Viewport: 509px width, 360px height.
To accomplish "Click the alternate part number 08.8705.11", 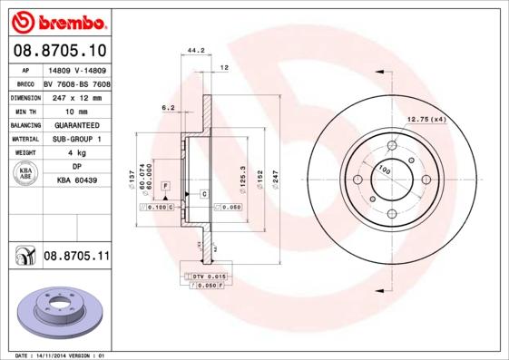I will (x=76, y=258).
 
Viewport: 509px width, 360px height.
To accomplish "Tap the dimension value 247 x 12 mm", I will (x=75, y=95).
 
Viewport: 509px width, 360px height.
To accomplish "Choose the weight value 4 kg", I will (x=75, y=153).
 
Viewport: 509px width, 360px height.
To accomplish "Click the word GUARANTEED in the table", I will (x=75, y=124).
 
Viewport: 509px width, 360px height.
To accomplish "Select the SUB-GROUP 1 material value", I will (x=75, y=139).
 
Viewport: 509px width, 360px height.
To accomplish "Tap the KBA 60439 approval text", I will (x=75, y=181).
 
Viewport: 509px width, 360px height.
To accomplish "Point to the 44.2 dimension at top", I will (x=193, y=52).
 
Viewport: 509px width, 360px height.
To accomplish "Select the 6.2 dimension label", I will (x=168, y=107).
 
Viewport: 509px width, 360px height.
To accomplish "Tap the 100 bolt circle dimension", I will (x=384, y=170).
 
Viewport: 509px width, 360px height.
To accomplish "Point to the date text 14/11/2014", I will (x=60, y=355).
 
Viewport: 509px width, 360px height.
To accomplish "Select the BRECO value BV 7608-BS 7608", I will (x=75, y=82).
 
